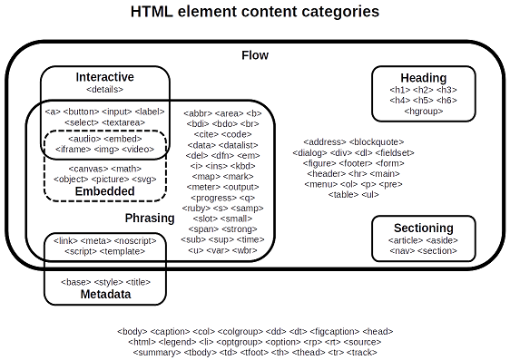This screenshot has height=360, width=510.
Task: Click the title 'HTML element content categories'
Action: click(x=255, y=12)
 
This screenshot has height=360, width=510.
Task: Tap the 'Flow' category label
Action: click(x=255, y=55)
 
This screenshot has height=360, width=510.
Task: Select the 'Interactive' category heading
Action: click(x=104, y=76)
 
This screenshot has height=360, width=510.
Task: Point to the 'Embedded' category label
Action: click(x=104, y=191)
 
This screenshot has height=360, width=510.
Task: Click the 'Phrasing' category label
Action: click(x=149, y=219)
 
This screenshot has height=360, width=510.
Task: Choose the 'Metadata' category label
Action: click(x=105, y=295)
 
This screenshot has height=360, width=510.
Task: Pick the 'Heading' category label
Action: click(x=423, y=78)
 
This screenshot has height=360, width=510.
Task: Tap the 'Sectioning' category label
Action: click(x=423, y=228)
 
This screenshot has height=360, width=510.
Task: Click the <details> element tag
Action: click(x=104, y=89)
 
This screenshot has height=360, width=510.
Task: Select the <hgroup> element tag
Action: click(x=423, y=111)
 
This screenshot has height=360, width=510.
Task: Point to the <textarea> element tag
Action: click(x=123, y=122)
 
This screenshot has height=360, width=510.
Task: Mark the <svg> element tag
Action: click(x=142, y=179)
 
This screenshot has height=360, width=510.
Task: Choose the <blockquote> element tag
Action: click(x=378, y=142)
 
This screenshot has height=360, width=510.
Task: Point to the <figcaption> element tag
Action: click(x=326, y=331)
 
